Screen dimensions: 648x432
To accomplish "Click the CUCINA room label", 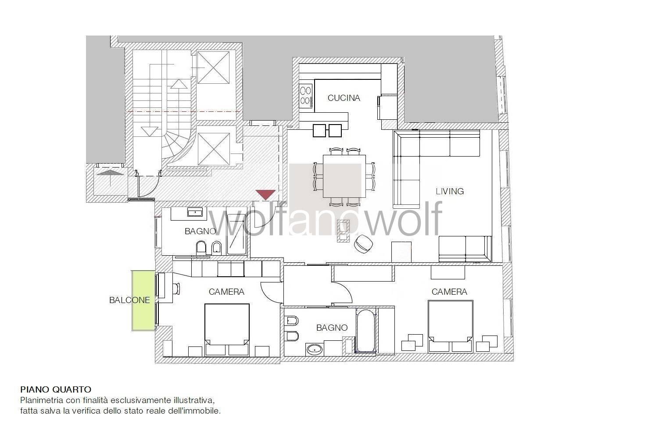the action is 344,98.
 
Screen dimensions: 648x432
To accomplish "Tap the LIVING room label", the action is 450,191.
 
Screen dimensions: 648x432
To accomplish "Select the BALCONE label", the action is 129,300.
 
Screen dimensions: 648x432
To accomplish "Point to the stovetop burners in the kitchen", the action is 306,96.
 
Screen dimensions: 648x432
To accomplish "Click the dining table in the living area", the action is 344,176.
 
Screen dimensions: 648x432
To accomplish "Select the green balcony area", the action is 143,300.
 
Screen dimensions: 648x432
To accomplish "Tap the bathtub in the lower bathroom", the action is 365,331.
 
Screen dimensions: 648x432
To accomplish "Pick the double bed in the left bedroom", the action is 227,330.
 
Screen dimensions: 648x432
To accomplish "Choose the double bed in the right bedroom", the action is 451,326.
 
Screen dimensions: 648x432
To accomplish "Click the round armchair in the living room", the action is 363,244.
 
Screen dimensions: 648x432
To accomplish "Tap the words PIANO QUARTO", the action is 56,389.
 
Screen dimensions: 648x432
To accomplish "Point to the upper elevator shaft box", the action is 213,68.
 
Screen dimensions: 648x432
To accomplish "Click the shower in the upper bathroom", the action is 236,234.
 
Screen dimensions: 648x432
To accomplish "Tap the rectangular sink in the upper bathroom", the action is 195,213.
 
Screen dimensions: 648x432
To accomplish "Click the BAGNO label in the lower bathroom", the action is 332,328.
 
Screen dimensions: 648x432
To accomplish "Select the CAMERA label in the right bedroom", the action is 449,292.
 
